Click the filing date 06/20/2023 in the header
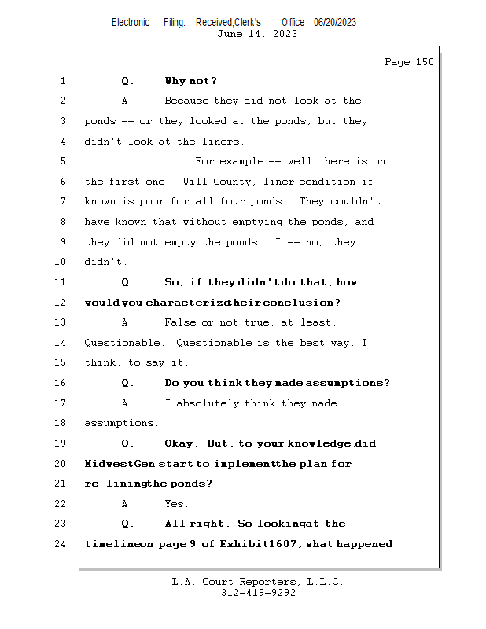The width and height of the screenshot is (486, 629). coord(334,22)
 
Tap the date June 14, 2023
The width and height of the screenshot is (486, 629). coord(257,33)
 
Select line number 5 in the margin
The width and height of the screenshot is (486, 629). coord(63,161)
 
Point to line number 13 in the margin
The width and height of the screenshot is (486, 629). coord(61,322)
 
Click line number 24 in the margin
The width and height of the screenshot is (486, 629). coord(61,544)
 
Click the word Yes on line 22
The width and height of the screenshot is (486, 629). coord(175,504)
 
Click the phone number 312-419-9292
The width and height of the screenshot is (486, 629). coord(257,593)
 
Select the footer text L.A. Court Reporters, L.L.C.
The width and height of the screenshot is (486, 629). coord(257,582)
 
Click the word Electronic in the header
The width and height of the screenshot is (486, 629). coord(131,22)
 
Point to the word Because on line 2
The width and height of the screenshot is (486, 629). coord(187,101)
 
